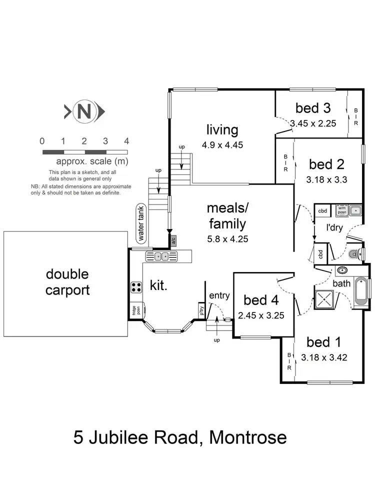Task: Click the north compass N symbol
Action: [x=84, y=111]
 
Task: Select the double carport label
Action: [x=67, y=281]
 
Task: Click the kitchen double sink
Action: [x=161, y=256]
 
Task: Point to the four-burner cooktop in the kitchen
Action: [x=136, y=287]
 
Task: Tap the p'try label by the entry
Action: [x=201, y=310]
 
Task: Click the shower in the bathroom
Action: [x=324, y=298]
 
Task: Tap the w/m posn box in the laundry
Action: [x=342, y=210]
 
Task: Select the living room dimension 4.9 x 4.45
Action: [x=222, y=146]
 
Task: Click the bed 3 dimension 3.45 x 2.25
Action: [x=313, y=121]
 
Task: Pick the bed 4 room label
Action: [x=261, y=300]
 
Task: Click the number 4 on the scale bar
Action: [x=126, y=140]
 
